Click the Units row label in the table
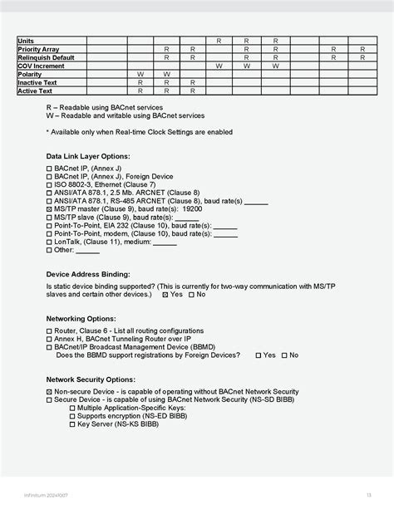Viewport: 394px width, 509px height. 27,40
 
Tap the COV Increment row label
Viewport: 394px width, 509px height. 42,66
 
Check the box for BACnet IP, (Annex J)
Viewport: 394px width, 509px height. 49,169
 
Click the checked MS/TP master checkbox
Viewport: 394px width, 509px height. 49,209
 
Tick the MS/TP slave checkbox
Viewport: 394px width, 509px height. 49,218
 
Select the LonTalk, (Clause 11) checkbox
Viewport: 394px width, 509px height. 49,242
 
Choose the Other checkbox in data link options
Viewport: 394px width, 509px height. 49,250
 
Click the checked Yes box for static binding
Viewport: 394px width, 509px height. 166,295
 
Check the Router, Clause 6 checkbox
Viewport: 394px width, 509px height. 49,331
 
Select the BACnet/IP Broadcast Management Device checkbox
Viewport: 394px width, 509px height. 49,347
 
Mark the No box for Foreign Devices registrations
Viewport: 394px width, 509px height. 284,355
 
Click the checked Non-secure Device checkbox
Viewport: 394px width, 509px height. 49,392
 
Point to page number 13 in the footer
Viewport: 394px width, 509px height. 368,496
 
